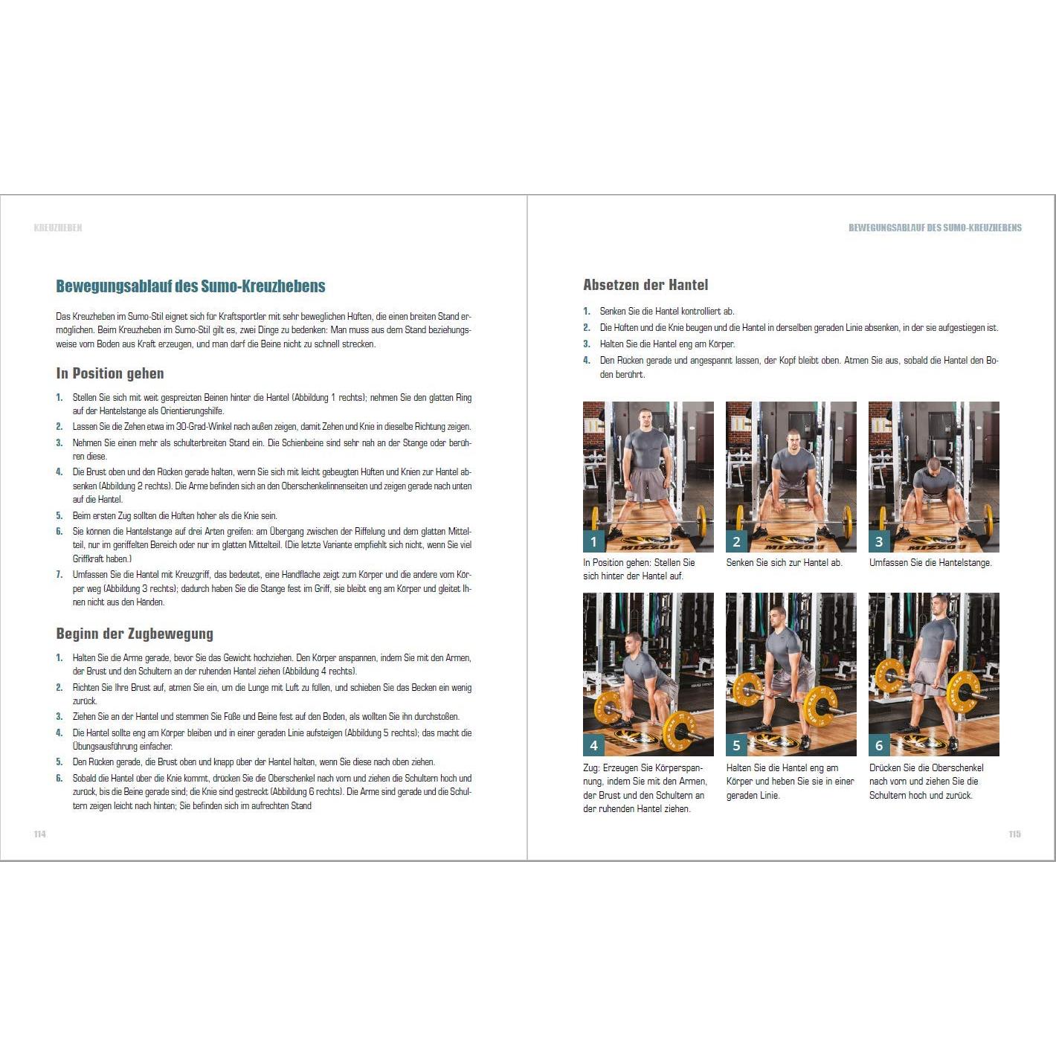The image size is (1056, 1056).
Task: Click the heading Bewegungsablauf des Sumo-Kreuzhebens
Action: point(190,286)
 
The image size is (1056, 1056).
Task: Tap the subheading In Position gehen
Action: point(110,374)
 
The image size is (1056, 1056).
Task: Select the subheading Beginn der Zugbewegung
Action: point(135,634)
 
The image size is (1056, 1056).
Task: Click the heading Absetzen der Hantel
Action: point(645,285)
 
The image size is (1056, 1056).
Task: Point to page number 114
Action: point(40,834)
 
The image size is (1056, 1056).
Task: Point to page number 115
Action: point(1015,834)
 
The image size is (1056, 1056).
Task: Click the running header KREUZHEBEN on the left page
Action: point(58,228)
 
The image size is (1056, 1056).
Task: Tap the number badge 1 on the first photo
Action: point(593,541)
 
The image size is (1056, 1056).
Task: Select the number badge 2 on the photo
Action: point(736,541)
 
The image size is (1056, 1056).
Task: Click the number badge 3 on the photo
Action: point(879,541)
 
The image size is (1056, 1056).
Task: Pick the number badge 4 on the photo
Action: point(593,745)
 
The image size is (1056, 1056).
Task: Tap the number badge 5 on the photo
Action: point(736,745)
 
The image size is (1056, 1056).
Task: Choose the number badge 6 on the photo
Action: point(879,745)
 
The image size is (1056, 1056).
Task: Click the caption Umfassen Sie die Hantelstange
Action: point(930,563)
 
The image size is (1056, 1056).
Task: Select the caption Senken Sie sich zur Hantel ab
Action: point(784,563)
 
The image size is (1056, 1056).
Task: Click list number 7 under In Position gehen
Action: point(59,575)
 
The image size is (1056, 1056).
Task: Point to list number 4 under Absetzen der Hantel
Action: point(586,361)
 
